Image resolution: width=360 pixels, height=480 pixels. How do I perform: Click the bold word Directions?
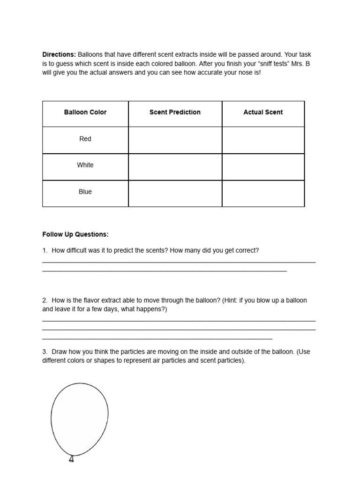[59, 55]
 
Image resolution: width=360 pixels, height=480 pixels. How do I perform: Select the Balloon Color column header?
[85, 112]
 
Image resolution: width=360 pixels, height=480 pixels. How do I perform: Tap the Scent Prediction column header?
[175, 112]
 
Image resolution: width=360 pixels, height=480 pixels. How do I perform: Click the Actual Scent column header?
[263, 112]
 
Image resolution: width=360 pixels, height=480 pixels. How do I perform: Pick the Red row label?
[85, 139]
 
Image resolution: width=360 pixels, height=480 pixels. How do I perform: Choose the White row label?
[85, 165]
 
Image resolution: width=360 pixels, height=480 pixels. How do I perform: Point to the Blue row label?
[85, 192]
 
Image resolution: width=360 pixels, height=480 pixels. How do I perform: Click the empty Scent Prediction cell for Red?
[175, 140]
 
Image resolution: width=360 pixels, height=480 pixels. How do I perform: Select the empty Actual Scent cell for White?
[263, 166]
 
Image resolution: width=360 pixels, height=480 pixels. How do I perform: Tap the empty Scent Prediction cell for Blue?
[175, 193]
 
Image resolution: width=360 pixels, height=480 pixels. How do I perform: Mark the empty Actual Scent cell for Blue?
[263, 193]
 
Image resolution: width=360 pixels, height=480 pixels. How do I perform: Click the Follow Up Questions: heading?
[75, 234]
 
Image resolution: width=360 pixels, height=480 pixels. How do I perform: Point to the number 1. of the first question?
[45, 251]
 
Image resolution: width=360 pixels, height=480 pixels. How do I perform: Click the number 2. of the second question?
[45, 300]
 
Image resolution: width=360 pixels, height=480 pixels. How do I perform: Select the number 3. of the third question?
[45, 352]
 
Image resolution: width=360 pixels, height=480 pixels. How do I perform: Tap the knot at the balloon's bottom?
[71, 458]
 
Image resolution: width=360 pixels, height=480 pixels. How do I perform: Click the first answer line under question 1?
[179, 262]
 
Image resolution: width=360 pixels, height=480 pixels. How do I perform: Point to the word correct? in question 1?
[246, 251]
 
